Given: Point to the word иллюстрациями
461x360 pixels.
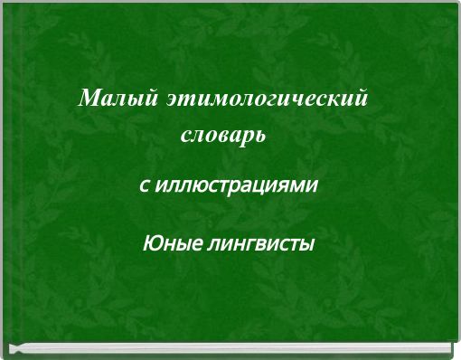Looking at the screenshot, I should pos(237,185).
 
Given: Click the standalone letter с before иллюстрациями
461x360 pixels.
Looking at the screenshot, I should pos(144,186).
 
